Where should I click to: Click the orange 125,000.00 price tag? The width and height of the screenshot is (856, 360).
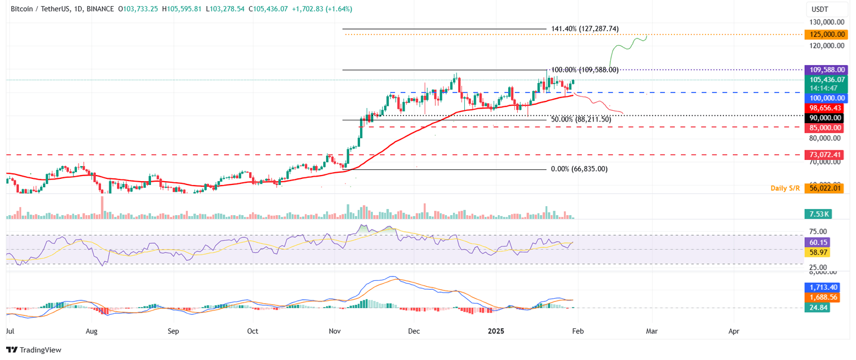click(824, 35)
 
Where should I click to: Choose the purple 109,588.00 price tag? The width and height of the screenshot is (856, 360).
click(824, 70)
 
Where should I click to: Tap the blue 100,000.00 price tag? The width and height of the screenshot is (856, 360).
click(824, 98)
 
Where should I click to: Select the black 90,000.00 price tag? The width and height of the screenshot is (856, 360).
click(824, 118)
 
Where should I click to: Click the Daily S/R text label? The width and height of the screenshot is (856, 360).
click(785, 188)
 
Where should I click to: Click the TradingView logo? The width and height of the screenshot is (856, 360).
click(34, 350)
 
